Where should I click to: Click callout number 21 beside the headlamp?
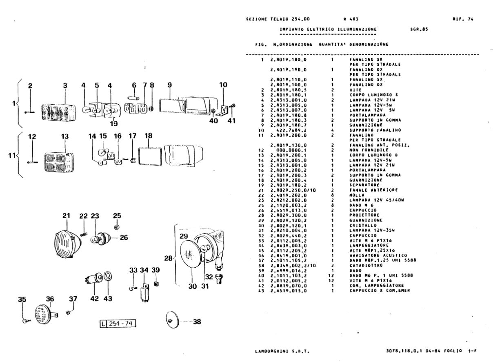click(66, 216)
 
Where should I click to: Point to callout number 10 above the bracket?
click(223, 85)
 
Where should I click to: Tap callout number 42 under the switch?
click(94, 299)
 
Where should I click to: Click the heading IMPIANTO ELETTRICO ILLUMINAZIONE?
click(328, 29)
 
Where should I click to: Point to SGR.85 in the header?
click(418, 29)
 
